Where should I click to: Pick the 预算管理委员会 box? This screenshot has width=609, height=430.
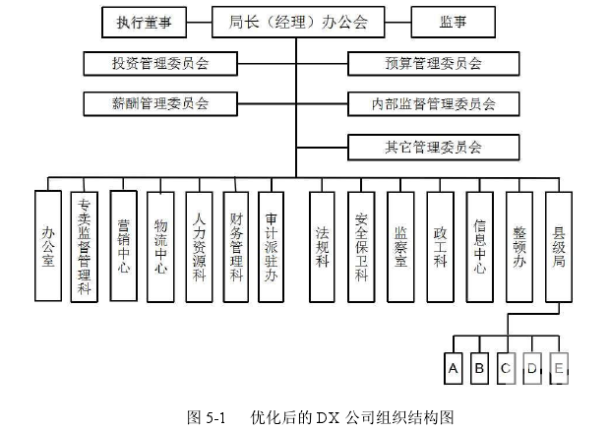(433, 64)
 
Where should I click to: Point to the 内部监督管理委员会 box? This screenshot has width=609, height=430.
(433, 102)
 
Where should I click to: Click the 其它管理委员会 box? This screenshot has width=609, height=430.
(433, 149)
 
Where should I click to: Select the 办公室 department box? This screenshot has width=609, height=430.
(47, 246)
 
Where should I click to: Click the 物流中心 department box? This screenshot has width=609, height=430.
(161, 246)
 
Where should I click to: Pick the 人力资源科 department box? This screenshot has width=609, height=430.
(200, 246)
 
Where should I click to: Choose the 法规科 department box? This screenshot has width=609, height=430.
(322, 246)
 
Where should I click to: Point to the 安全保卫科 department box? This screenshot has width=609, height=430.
(361, 246)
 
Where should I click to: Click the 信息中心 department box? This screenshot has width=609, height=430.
(479, 246)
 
